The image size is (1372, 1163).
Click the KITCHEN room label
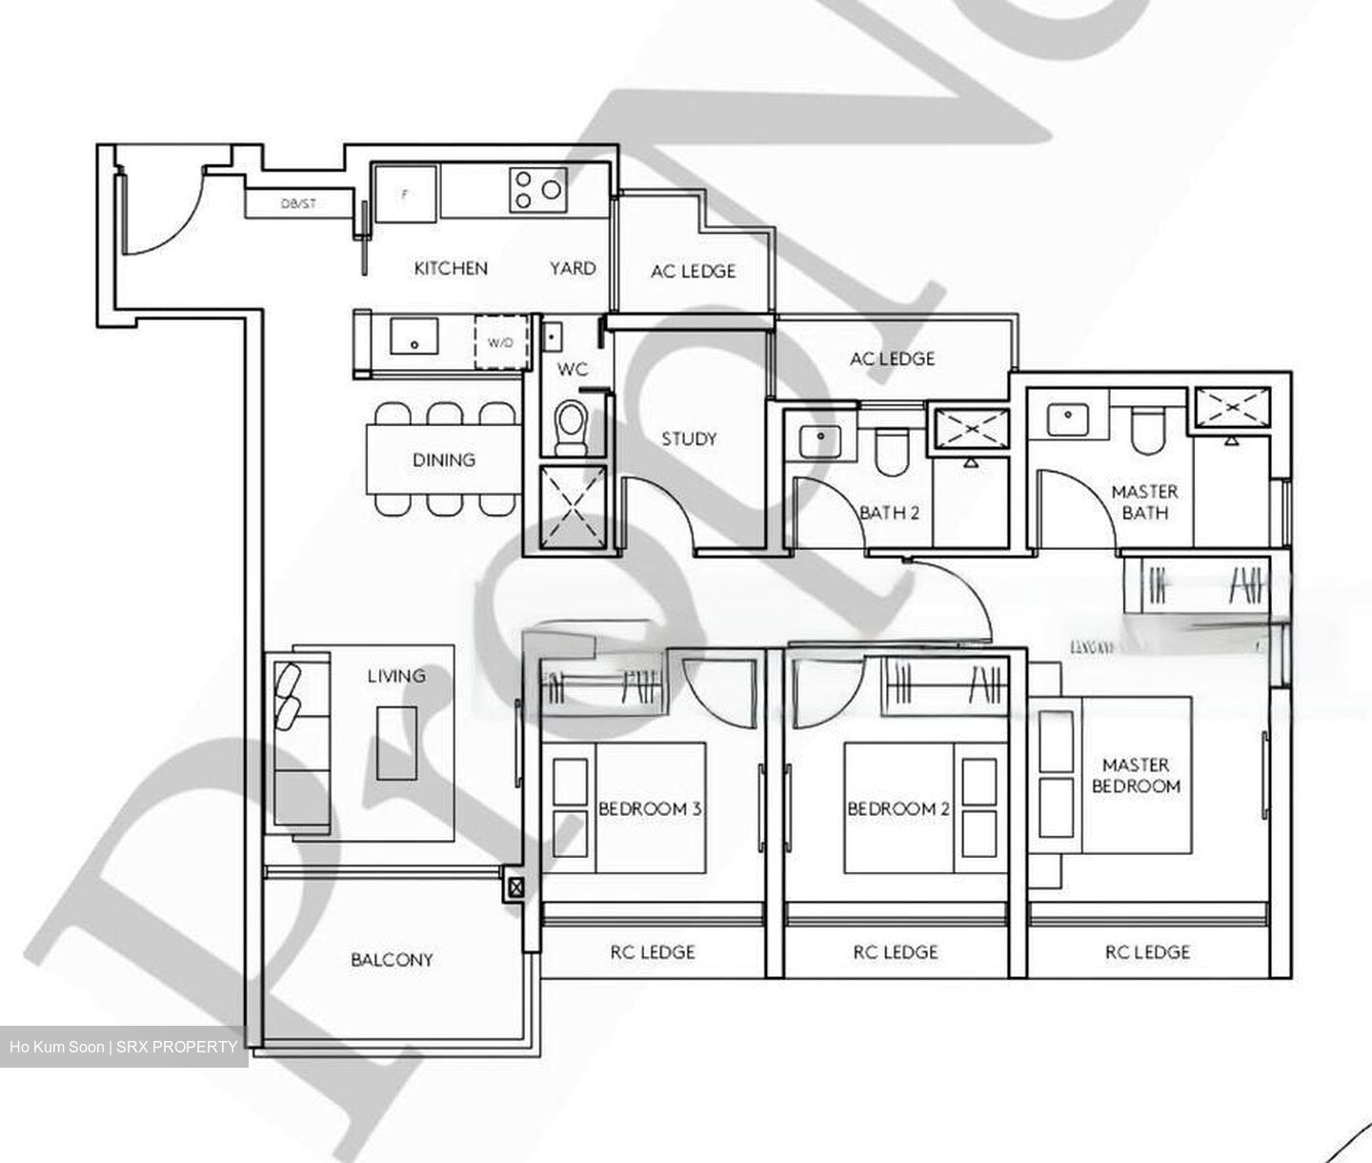click(451, 269)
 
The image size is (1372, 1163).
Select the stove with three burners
click(537, 189)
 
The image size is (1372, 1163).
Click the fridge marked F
click(406, 194)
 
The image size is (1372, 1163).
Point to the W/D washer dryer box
click(500, 341)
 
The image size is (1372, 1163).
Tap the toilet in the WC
click(571, 426)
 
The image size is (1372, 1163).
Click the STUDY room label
click(689, 439)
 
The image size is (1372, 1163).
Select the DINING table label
click(444, 459)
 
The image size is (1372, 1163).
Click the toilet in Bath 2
click(893, 452)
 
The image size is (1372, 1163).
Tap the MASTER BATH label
click(1144, 502)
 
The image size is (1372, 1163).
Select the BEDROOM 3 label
click(650, 809)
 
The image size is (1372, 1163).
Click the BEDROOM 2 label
click(898, 809)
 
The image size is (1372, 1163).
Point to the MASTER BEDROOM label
click(1136, 776)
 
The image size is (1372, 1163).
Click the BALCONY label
click(392, 960)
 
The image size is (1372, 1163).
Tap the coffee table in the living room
click(396, 743)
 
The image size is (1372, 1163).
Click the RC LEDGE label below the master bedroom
click(1147, 951)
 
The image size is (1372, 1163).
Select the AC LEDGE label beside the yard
click(693, 272)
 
